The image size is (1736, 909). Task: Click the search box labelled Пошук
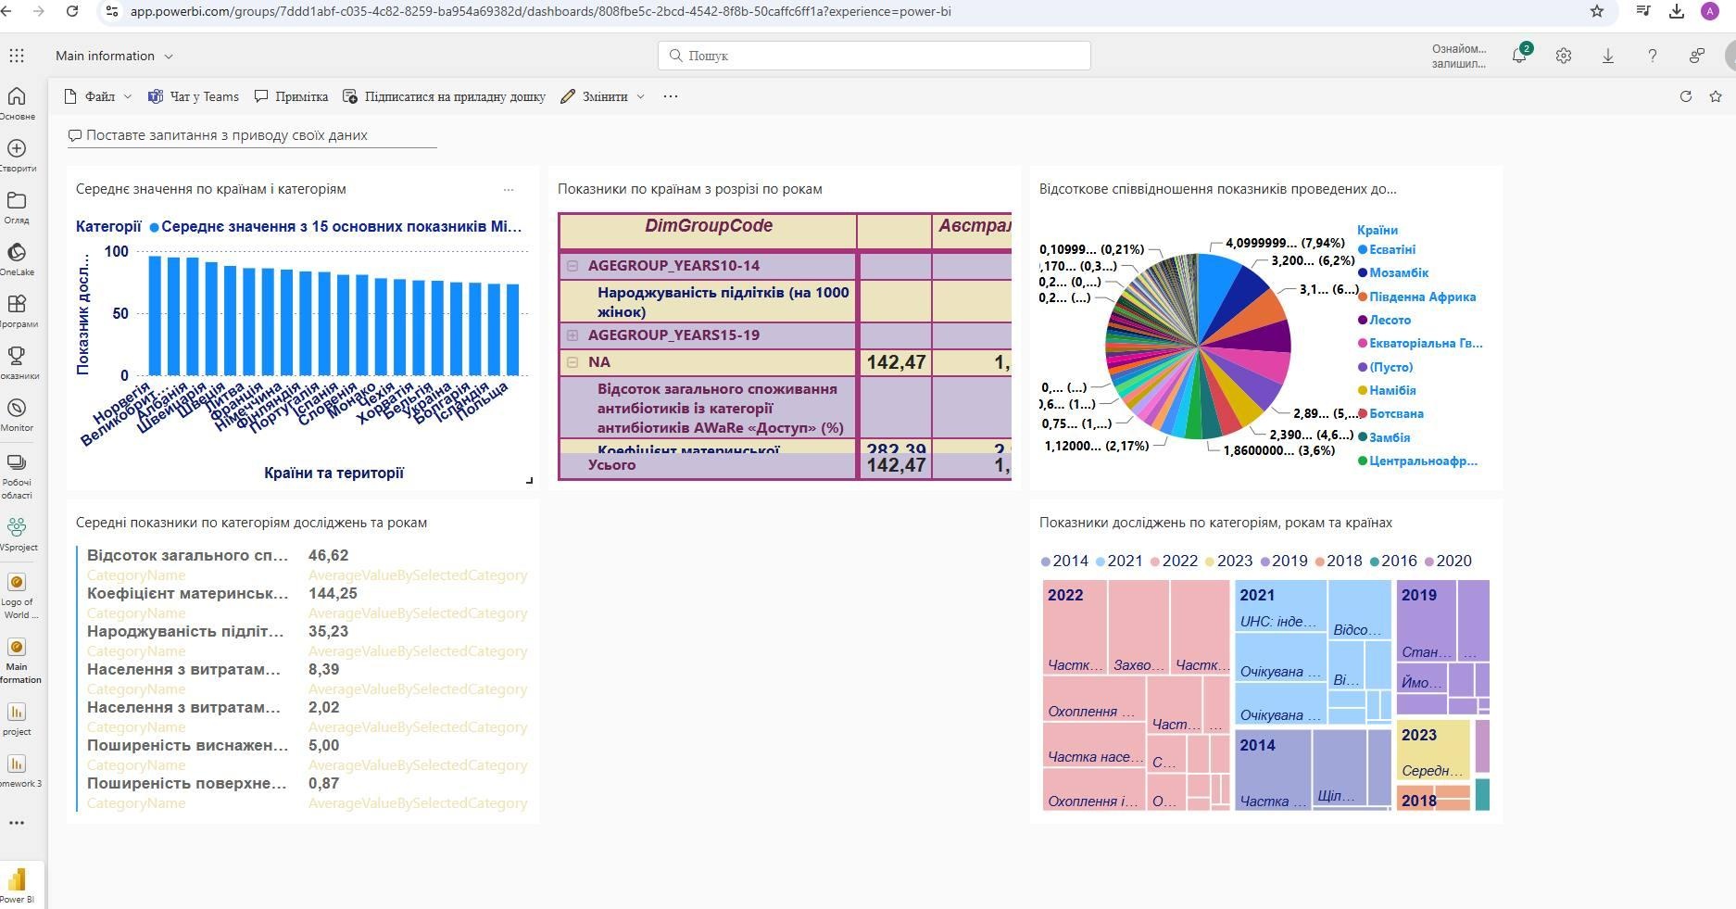(874, 56)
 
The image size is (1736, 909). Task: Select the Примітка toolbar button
(292, 96)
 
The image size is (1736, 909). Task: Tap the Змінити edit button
(603, 96)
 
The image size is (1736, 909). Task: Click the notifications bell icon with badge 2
(1518, 56)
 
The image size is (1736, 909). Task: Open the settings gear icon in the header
(1564, 56)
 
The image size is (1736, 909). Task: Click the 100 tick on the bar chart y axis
(117, 251)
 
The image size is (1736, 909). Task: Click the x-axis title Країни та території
(333, 473)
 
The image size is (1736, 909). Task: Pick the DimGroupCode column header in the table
(709, 226)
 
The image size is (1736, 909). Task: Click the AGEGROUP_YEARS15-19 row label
(673, 335)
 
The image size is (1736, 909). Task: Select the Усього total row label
(611, 464)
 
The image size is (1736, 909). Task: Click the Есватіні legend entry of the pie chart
(1391, 249)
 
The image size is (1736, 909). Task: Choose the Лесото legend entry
(1390, 320)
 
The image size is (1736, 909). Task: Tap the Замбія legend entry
(1389, 437)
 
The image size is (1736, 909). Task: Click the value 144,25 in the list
(333, 593)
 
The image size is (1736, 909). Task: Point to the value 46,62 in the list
(328, 555)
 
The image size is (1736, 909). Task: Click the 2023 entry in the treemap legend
(1234, 561)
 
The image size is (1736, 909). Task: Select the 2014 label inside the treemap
(1257, 745)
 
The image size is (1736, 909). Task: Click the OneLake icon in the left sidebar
(17, 254)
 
